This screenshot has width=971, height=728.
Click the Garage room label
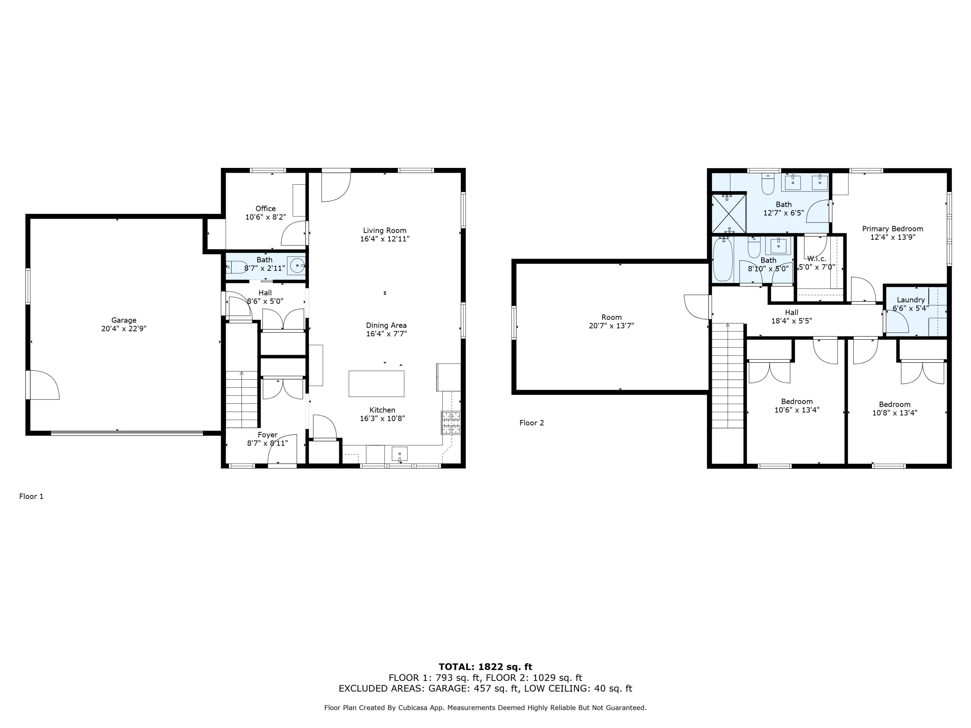pyautogui.click(x=124, y=320)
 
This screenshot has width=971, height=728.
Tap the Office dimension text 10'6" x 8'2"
pyautogui.click(x=266, y=217)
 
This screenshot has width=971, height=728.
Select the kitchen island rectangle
pyautogui.click(x=376, y=383)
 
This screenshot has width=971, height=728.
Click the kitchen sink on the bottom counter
pyautogui.click(x=399, y=454)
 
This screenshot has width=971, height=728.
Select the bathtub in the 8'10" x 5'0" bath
pyautogui.click(x=722, y=259)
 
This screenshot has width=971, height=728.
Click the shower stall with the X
pyautogui.click(x=728, y=213)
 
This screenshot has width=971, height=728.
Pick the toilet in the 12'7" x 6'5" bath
pyautogui.click(x=768, y=184)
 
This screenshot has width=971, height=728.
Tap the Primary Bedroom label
pyautogui.click(x=892, y=229)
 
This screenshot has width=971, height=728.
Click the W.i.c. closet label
pyautogui.click(x=817, y=259)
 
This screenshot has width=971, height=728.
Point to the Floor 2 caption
pyautogui.click(x=531, y=423)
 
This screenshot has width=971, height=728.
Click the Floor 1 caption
pyautogui.click(x=31, y=496)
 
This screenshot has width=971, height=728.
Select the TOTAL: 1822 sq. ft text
pyautogui.click(x=485, y=667)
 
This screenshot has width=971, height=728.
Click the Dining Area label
pyautogui.click(x=386, y=325)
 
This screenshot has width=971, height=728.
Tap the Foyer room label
pyautogui.click(x=267, y=435)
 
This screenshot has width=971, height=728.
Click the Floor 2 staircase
pyautogui.click(x=728, y=376)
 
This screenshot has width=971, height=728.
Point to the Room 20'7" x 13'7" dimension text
pyautogui.click(x=611, y=325)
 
